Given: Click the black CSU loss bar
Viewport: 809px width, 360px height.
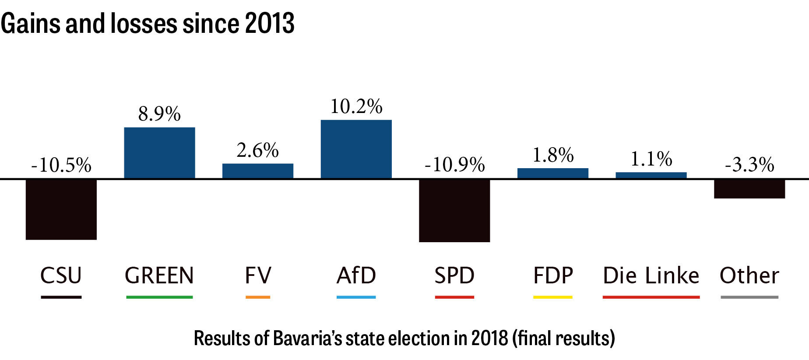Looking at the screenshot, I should coord(61,209).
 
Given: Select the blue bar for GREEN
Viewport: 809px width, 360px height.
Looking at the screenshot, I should coord(159,153).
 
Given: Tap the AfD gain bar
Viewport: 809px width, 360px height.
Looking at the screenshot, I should coord(356,149).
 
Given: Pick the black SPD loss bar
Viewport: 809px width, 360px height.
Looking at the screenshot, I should coord(454,211).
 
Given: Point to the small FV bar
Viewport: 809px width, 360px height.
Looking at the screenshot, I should coord(258,171).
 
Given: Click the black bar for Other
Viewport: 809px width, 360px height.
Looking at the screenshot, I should coord(749,189).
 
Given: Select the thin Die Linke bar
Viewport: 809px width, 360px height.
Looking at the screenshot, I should coord(651,175).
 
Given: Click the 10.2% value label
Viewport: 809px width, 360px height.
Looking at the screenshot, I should coord(356,106).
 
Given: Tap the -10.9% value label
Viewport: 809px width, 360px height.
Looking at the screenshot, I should coord(454,165).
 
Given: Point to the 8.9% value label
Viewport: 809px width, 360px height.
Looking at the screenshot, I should coord(159,114).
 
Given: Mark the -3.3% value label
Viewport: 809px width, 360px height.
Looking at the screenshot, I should coord(749,165).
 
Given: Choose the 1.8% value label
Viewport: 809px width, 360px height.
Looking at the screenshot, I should coord(553,155).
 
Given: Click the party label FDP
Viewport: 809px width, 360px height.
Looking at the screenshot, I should coord(553,275).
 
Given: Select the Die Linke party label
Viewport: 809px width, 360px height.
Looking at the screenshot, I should coord(651,275).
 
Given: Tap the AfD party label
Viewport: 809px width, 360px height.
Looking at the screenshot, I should coord(356,275).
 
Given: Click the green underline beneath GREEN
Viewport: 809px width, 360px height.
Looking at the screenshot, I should coord(159,297).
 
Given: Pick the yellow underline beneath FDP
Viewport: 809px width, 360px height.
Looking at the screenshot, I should coord(553,297).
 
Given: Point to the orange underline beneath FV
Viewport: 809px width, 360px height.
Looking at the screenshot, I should coord(258,297).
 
